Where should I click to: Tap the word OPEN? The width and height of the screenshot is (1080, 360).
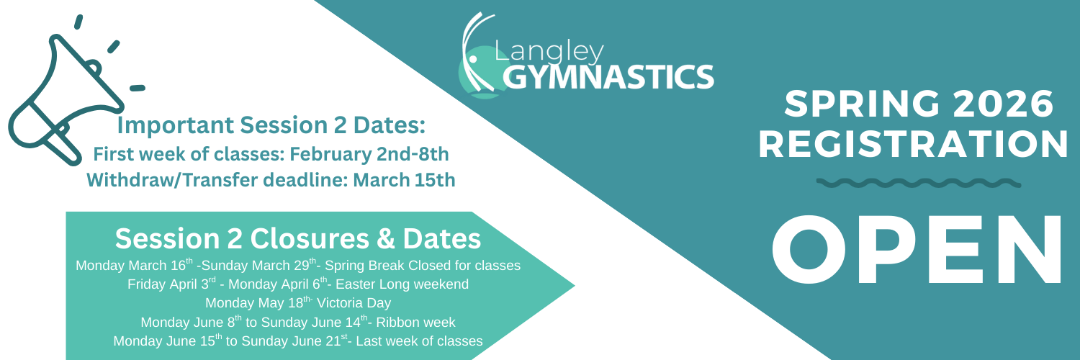(917, 250)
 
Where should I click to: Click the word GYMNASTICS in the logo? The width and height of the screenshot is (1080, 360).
(608, 76)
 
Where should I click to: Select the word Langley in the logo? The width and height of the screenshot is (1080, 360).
(549, 52)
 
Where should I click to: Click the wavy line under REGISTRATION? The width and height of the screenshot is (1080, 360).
(919, 183)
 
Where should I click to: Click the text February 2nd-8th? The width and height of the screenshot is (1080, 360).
(369, 154)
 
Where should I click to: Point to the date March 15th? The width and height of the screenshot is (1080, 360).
(404, 180)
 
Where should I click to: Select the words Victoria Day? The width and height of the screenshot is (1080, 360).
(354, 303)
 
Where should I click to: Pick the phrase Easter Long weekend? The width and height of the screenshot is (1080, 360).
(402, 284)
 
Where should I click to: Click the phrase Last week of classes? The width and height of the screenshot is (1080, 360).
(419, 341)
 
